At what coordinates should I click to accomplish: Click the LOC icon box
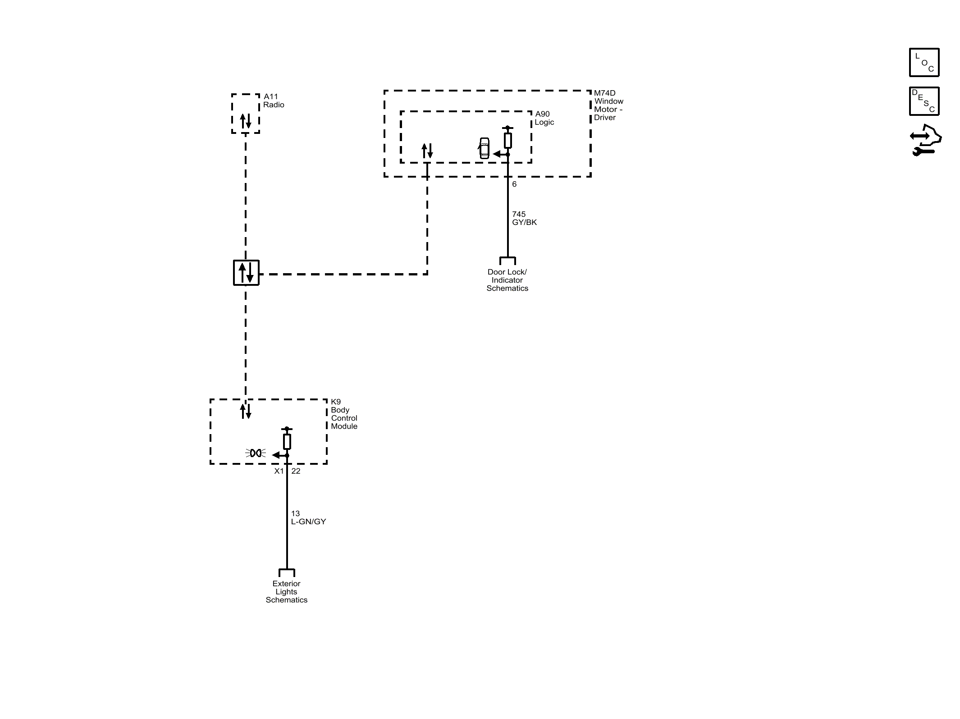coord(924,62)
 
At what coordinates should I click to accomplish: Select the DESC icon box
coord(924,101)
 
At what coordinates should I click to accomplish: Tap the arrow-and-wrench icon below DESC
coord(925,140)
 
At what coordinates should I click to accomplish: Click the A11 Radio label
coord(274,101)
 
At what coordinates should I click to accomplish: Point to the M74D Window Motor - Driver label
coord(608,105)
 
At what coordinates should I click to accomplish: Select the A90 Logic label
coord(544,118)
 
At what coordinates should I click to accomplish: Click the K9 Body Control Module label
coord(344,414)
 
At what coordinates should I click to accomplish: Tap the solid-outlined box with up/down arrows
coord(246,273)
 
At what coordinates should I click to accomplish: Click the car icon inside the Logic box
coord(484,148)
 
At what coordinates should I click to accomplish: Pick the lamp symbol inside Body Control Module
coord(256,453)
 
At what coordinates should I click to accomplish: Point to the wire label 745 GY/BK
coord(524,218)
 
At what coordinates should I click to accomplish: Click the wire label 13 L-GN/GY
coord(308,517)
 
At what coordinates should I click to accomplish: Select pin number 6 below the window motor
coord(514,184)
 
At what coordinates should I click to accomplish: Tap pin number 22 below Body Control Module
coord(296,471)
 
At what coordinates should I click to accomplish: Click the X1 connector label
coord(279,471)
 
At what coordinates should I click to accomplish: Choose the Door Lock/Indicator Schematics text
coord(507,280)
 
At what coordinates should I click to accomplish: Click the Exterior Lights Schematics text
coord(286,591)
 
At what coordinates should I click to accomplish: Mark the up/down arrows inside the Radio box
coord(246,121)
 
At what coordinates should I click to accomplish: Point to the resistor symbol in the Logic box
coord(507,140)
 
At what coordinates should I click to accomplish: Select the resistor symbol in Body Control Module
coord(287,441)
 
